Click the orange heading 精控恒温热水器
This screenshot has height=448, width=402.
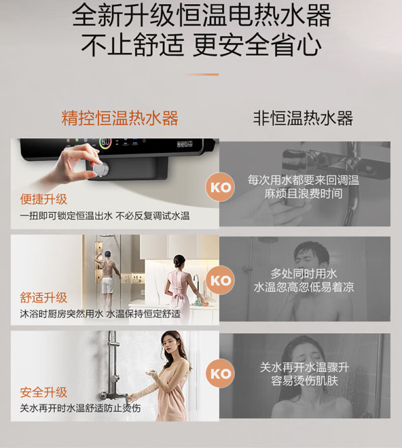click(x=120, y=118)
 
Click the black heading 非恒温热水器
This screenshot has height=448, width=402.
click(x=303, y=118)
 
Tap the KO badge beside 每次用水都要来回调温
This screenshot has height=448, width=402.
click(x=220, y=187)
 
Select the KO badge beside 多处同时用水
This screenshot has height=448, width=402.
click(x=220, y=280)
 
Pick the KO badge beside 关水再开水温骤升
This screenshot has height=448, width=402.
click(x=220, y=374)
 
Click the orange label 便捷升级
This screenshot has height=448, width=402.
click(x=44, y=199)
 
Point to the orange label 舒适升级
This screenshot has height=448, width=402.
click(x=44, y=298)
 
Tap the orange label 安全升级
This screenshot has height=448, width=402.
click(x=44, y=392)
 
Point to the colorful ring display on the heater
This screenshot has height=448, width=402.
click(x=105, y=143)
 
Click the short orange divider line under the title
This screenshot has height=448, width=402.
click(x=202, y=74)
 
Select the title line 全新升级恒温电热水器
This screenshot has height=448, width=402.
click(x=201, y=15)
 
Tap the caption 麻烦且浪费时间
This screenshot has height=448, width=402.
click(x=304, y=194)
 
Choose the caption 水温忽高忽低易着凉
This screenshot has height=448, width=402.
click(x=304, y=287)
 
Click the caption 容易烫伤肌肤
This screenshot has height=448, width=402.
click(x=304, y=380)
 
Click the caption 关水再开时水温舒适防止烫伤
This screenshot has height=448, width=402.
click(x=80, y=408)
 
